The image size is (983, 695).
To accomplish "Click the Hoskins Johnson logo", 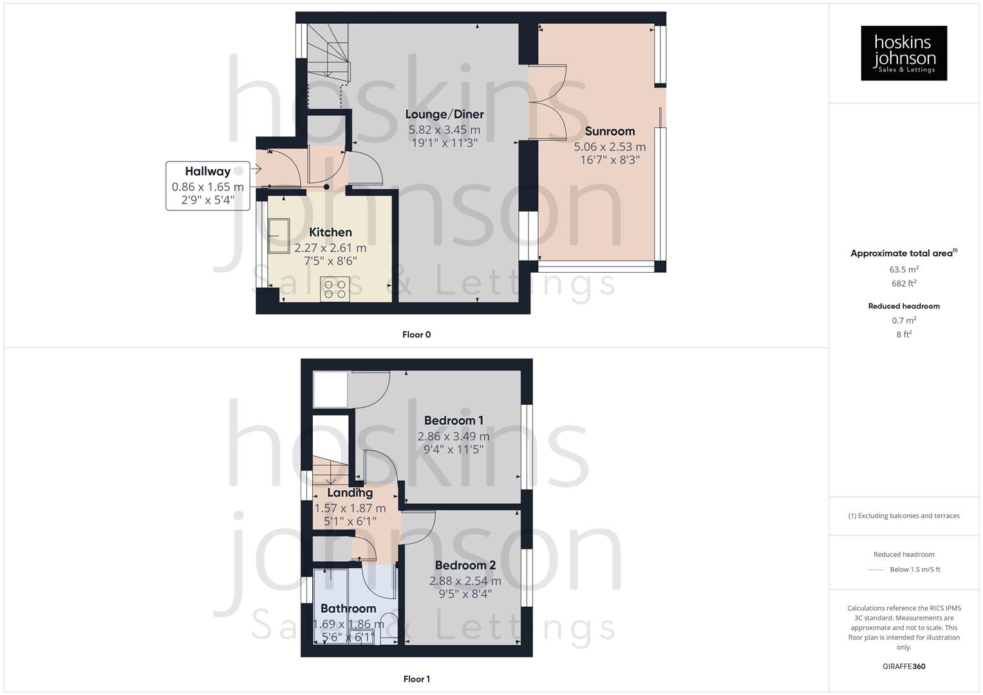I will tap(904, 53).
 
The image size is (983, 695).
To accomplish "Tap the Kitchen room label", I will tap(330, 232).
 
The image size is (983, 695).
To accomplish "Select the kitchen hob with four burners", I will tap(335, 289).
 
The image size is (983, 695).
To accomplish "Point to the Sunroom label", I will tap(610, 131).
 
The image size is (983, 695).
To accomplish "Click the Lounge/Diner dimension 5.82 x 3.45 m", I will tap(444, 129).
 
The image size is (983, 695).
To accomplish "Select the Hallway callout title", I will tap(207, 171).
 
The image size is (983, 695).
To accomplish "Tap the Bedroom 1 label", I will tap(453, 421).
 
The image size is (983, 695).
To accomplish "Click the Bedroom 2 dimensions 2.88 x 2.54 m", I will tap(465, 580).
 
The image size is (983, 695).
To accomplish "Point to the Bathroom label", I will tap(348, 609).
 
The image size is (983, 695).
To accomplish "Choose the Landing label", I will tap(350, 493).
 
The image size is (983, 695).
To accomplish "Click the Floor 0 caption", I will tap(417, 335).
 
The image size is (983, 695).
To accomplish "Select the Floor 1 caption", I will tap(417, 679).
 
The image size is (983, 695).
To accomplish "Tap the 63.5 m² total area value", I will tap(904, 270).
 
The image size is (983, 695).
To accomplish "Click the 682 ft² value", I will tap(904, 283).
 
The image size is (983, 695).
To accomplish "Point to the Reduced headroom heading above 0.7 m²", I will tap(904, 306).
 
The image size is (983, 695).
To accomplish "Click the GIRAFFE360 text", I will tap(904, 667).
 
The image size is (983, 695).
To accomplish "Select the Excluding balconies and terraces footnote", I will tap(904, 515).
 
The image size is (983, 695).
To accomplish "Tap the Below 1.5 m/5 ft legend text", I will tap(915, 570).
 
